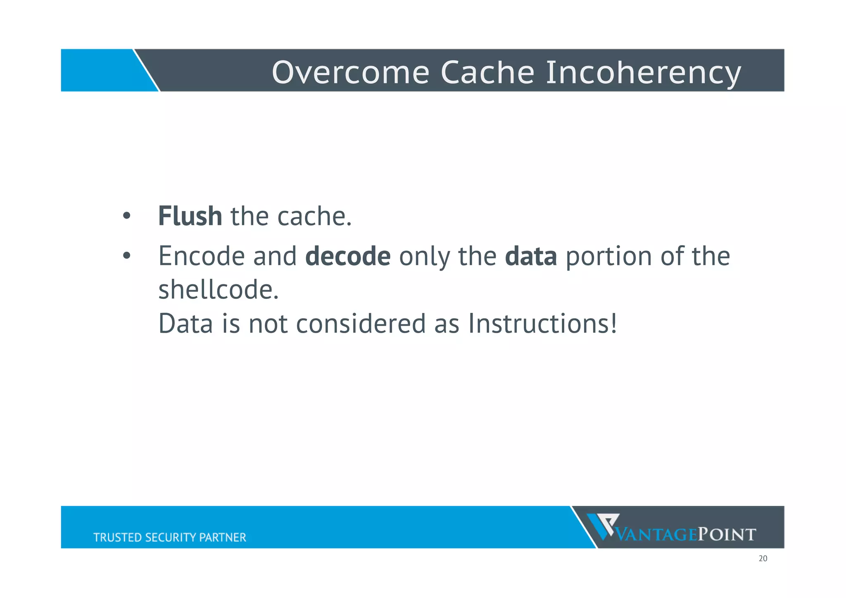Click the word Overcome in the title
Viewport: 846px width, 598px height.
[x=350, y=73]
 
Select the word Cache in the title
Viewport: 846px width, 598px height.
[x=487, y=73]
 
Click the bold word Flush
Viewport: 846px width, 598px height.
[x=190, y=216]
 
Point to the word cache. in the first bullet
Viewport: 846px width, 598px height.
[x=314, y=217]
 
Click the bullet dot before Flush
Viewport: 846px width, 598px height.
[x=126, y=216]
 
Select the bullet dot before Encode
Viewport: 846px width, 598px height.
[x=126, y=256]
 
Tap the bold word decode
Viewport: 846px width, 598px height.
[x=348, y=256]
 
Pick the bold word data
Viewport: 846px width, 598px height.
[x=531, y=257]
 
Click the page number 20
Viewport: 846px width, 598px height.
[x=763, y=559]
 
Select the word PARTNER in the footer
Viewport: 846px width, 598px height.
[x=223, y=537]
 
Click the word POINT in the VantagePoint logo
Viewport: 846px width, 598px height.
[x=727, y=535]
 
